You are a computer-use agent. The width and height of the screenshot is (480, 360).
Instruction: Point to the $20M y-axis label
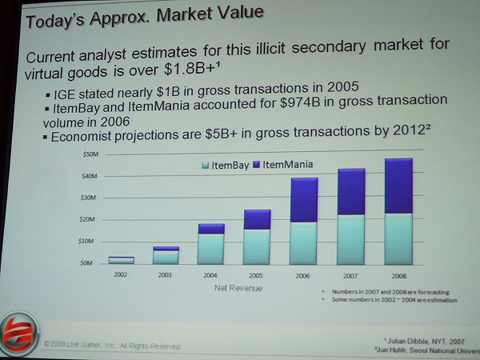tap(88, 218)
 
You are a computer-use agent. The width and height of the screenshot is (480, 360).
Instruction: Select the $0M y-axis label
tap(86, 262)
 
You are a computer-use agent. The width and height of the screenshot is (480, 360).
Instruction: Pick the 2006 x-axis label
tap(303, 277)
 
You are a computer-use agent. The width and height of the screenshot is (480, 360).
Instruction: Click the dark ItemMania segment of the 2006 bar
tap(303, 200)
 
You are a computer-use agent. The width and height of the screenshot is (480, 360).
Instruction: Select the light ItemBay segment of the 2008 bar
tap(398, 238)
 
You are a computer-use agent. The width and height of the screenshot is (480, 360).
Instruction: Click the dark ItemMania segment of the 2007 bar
tap(351, 192)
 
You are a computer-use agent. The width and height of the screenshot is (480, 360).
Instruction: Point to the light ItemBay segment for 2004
tap(211, 249)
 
